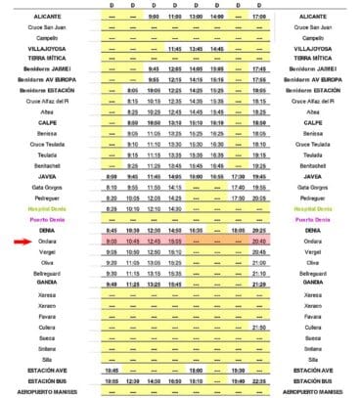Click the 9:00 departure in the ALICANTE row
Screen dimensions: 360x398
point(154,17)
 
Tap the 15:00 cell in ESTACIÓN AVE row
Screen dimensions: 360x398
point(196,371)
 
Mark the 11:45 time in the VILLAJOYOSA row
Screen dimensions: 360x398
point(175,47)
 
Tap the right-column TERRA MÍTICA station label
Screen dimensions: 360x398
point(312,58)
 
